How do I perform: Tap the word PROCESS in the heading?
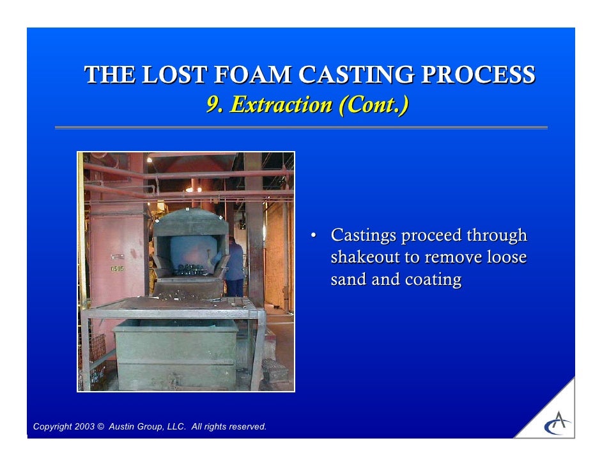480,76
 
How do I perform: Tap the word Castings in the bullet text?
362,236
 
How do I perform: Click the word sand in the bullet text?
349,280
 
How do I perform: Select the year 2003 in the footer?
84,427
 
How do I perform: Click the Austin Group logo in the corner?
557,422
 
